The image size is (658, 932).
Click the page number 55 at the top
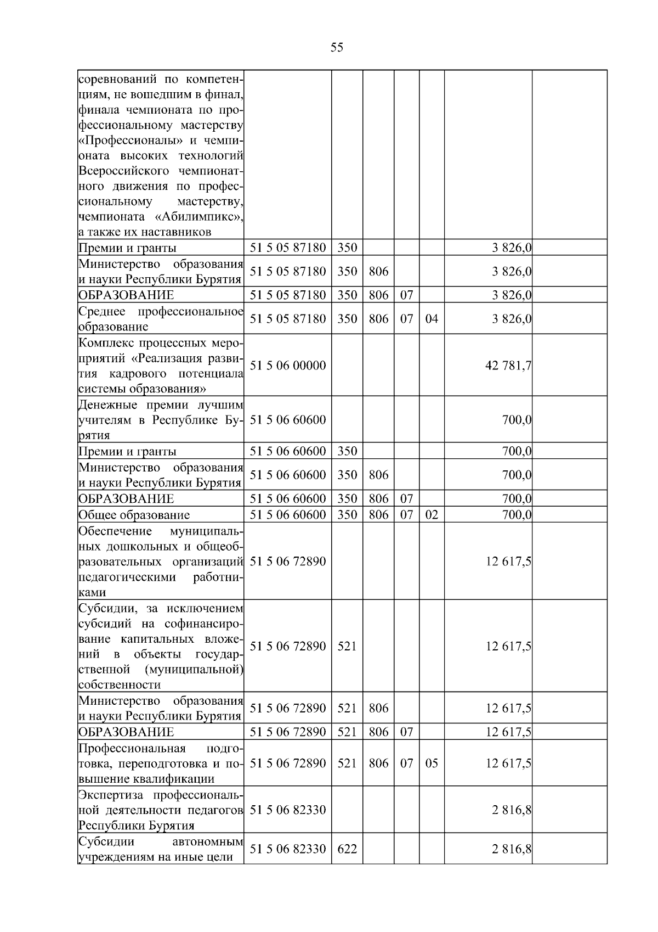tap(337, 48)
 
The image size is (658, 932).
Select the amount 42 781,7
tap(508, 366)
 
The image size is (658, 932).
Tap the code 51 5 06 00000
tap(288, 366)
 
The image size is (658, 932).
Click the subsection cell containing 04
tap(432, 319)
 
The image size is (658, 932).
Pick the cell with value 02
tap(432, 515)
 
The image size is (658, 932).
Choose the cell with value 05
tap(432, 763)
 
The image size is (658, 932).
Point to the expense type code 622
tap(347, 849)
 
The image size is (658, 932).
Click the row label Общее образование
tap(134, 515)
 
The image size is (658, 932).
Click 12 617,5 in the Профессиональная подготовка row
tap(508, 763)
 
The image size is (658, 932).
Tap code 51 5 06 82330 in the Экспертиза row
tap(288, 810)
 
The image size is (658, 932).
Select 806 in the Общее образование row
tap(378, 515)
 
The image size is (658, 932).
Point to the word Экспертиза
tap(112, 795)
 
